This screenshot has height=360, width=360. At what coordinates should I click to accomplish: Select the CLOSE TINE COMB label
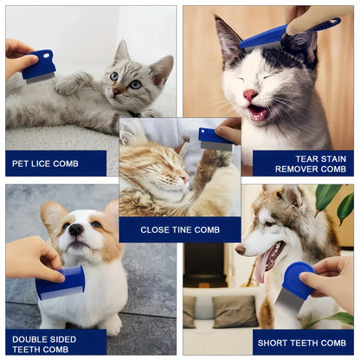[x=180, y=229]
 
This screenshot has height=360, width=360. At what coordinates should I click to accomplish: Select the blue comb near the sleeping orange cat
[x=215, y=138]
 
